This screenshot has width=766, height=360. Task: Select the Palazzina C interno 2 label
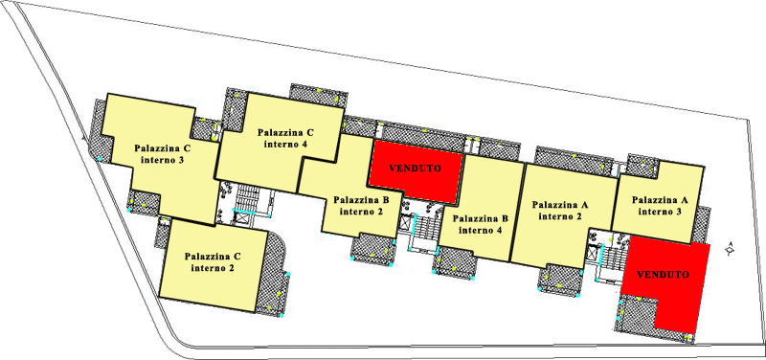point(213,261)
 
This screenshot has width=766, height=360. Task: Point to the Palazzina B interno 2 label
point(361,206)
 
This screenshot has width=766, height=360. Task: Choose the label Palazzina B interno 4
point(481,224)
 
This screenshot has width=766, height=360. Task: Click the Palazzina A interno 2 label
point(560,210)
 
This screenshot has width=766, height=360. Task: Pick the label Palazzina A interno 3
point(660,206)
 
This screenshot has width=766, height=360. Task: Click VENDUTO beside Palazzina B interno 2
point(415,169)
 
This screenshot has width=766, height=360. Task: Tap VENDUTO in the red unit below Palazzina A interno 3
point(663,275)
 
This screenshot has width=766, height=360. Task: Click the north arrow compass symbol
point(730,249)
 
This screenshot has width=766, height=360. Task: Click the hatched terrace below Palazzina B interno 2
point(373,248)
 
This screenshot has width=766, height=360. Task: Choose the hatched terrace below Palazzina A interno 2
point(560,281)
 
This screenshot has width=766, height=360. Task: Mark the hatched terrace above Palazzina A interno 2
point(574,160)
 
